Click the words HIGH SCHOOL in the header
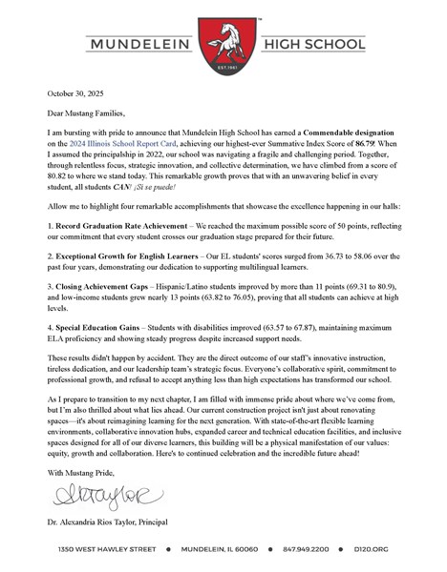310,44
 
